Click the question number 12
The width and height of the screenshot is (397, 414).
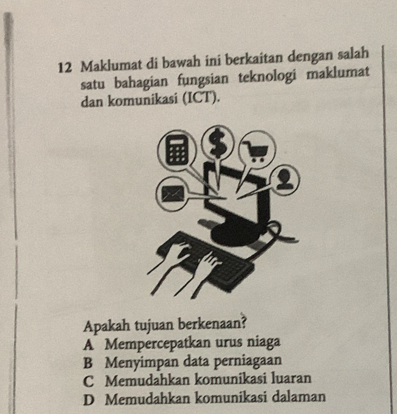click(65, 68)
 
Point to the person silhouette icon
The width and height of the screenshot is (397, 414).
click(284, 180)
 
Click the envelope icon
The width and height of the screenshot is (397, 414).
click(173, 194)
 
